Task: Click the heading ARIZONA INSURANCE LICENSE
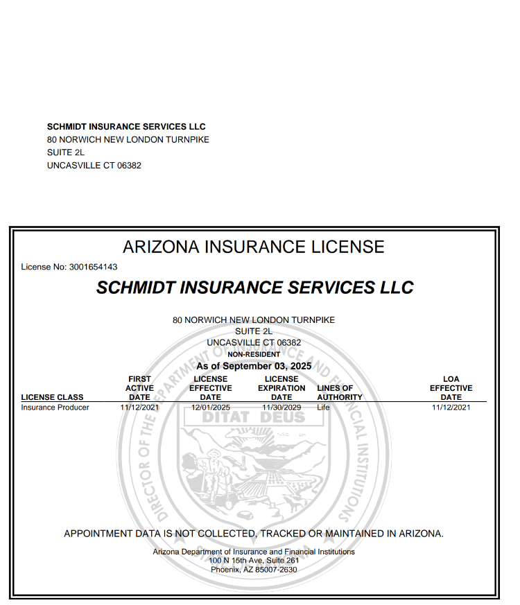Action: click(253, 247)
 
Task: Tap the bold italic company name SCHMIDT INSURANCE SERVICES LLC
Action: click(254, 288)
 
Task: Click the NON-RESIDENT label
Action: click(254, 354)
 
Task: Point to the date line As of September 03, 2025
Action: click(254, 366)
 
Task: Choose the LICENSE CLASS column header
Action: click(53, 397)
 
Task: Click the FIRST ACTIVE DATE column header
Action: click(139, 388)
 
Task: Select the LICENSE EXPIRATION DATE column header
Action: click(281, 388)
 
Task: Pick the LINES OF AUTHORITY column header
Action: click(339, 393)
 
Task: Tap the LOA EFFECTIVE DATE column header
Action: click(451, 388)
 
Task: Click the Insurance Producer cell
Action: click(55, 407)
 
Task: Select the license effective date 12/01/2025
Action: click(211, 407)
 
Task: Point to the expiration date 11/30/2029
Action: click(281, 407)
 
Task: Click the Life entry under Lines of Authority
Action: click(323, 407)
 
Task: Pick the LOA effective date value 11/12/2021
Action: click(451, 407)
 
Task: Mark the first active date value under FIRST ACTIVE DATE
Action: click(139, 407)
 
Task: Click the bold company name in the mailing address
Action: click(126, 127)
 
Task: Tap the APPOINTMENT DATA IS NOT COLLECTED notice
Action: click(254, 534)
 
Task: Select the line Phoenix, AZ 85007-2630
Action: click(254, 569)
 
